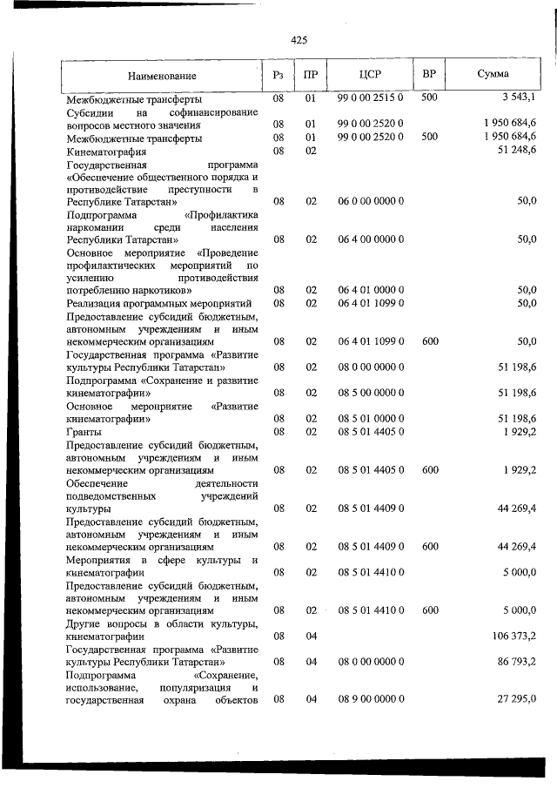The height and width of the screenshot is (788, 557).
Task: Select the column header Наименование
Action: (162, 76)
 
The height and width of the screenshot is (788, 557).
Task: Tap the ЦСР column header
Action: (370, 74)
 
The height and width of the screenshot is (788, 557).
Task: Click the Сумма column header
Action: (493, 74)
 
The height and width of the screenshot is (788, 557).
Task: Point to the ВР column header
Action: (428, 74)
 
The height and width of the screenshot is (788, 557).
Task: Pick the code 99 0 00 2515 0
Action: (370, 99)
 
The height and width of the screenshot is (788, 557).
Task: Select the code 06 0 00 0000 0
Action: (370, 201)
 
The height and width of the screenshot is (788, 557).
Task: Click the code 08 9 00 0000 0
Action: (370, 699)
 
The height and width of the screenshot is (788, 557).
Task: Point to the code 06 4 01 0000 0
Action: (370, 289)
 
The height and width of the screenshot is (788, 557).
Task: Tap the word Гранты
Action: (84, 432)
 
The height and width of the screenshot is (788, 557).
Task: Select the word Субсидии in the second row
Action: (88, 112)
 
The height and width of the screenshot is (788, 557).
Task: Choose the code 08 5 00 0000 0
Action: (370, 392)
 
